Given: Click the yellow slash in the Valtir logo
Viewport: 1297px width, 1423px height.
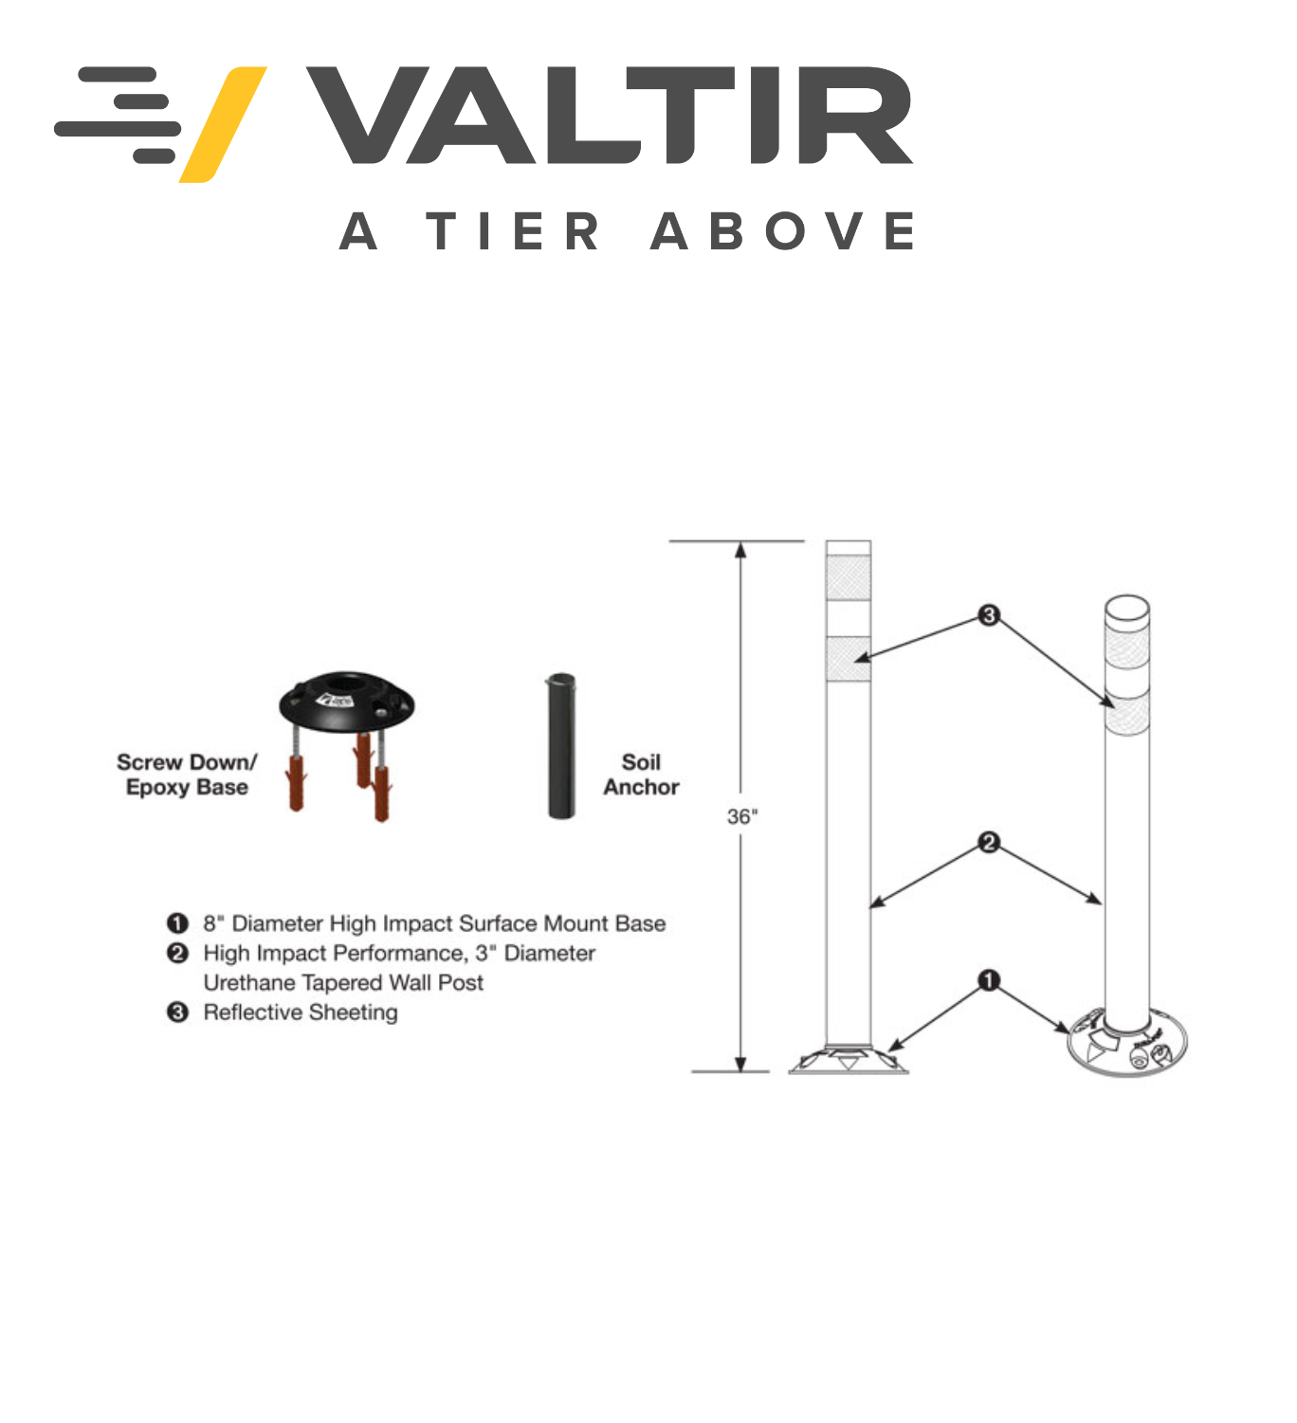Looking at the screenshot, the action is pos(223,124).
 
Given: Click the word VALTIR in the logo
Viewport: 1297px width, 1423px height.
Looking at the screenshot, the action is pos(610,116).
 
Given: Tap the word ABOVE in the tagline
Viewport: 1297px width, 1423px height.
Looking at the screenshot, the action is pos(782,230).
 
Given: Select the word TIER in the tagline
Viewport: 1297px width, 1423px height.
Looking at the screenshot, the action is pos(512,230).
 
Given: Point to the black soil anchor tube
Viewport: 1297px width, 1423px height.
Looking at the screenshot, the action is pos(561,745).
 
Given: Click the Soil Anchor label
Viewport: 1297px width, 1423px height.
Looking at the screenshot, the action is pos(642,774).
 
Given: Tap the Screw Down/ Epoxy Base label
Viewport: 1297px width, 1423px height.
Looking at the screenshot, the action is pos(187,774).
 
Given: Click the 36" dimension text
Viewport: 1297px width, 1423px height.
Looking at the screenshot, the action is pos(742,816).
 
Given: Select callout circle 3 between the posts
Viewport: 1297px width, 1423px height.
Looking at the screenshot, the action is pos(988,614).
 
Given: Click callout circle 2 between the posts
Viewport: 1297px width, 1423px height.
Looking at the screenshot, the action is pos(988,842).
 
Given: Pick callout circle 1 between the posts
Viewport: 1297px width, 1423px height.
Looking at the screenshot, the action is pos(988,980).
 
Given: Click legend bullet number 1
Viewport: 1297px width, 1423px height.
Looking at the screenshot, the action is pos(177,922).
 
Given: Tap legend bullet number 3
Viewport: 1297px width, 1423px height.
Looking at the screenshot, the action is pos(177,1012).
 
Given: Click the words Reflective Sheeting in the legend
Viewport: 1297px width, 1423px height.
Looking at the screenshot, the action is pos(301,1013).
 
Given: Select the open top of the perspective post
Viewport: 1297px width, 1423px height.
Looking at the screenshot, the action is pos(1127,608).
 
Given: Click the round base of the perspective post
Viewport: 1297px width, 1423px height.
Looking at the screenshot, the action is pos(1127,1045).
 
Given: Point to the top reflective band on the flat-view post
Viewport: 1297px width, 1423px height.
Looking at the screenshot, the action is pos(849,578).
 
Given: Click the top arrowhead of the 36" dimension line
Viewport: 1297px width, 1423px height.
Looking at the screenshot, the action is pos(740,551).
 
